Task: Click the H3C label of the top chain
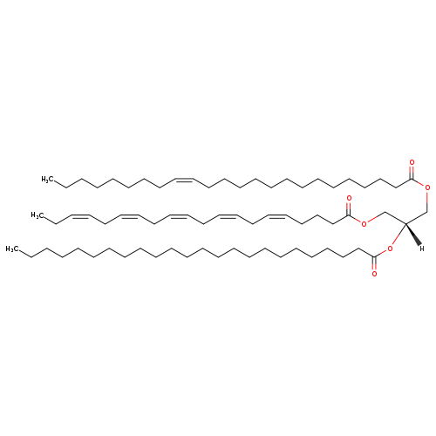pyautogui.click(x=47, y=180)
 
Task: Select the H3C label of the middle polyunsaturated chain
pyautogui.click(x=37, y=215)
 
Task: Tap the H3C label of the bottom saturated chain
pyautogui.click(x=12, y=249)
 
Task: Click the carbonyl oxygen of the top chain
pyautogui.click(x=412, y=162)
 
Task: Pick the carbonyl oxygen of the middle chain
pyautogui.click(x=349, y=198)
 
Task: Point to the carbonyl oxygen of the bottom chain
pyautogui.click(x=374, y=274)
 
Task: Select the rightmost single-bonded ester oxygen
pyautogui.click(x=427, y=188)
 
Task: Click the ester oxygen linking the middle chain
pyautogui.click(x=364, y=224)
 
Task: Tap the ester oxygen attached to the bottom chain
pyautogui.click(x=390, y=249)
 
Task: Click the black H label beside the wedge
pyautogui.click(x=422, y=249)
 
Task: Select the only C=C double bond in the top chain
pyautogui.click(x=184, y=180)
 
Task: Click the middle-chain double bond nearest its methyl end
pyautogui.click(x=80, y=216)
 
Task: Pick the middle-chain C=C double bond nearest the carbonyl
pyautogui.click(x=277, y=216)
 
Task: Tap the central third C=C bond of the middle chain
pyautogui.click(x=178, y=216)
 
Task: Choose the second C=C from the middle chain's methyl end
pyautogui.click(x=129, y=216)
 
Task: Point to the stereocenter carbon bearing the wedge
pyautogui.click(x=405, y=224)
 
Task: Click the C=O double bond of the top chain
pyautogui.click(x=412, y=172)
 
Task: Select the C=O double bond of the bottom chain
pyautogui.click(x=374, y=263)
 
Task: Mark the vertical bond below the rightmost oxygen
pyautogui.click(x=427, y=202)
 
